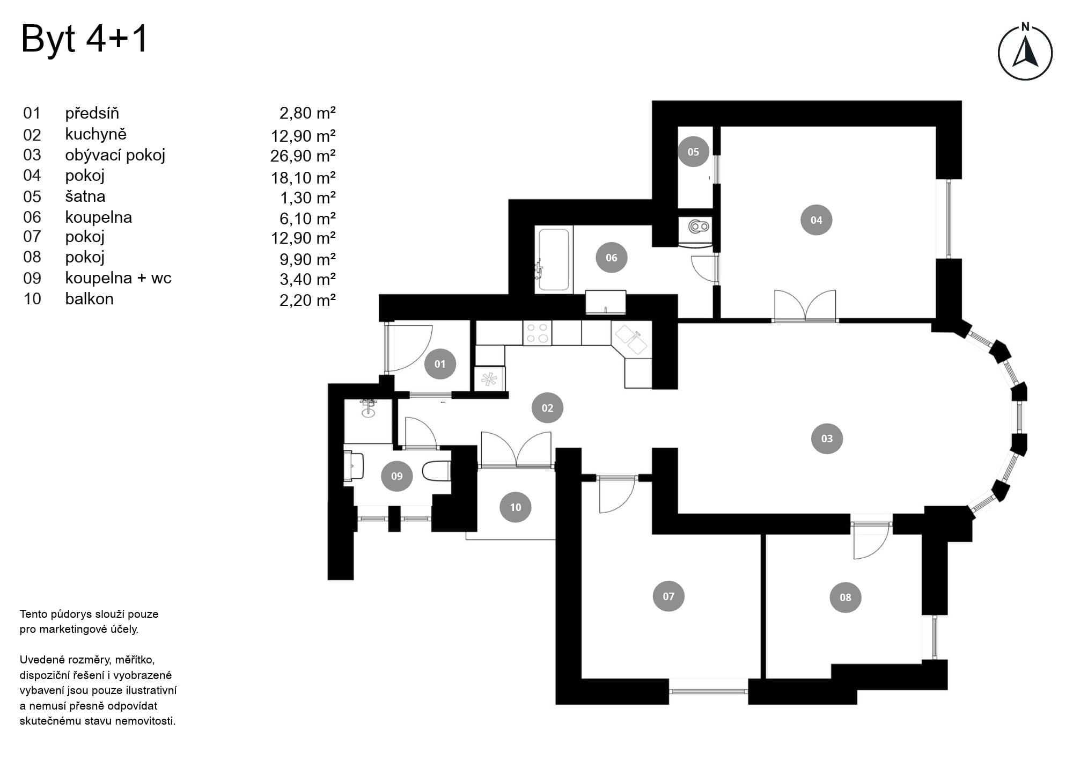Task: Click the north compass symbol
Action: tap(1025, 52)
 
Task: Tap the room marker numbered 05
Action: tap(693, 152)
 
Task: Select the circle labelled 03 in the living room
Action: tap(827, 439)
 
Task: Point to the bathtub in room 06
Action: tap(554, 260)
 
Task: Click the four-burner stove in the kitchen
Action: tap(537, 333)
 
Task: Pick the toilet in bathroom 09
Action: tap(436, 471)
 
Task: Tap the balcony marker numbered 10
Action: tap(515, 507)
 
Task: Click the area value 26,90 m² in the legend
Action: tap(303, 156)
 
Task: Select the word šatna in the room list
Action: tap(85, 196)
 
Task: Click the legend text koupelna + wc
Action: tap(118, 278)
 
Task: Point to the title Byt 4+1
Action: tap(84, 39)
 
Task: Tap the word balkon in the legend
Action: tap(89, 298)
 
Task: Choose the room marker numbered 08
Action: tap(845, 597)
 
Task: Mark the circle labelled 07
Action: tap(668, 596)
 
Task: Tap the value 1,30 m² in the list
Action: tap(307, 198)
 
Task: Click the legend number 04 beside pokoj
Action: tap(32, 176)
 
